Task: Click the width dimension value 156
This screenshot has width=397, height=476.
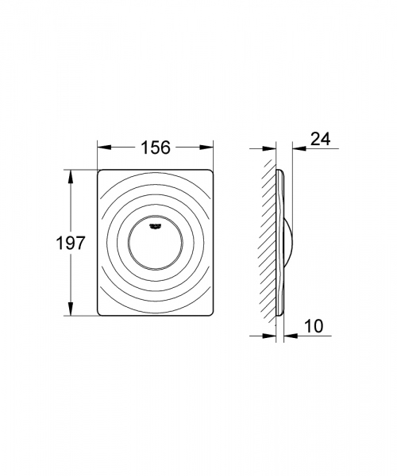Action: point(156,148)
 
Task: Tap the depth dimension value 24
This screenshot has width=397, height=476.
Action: point(320,140)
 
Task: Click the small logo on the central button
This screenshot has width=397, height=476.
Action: point(156,226)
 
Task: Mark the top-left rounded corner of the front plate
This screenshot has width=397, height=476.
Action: point(100,171)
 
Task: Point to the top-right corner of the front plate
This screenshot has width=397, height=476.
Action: point(212,171)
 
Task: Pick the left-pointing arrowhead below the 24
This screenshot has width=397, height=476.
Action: point(295,148)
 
